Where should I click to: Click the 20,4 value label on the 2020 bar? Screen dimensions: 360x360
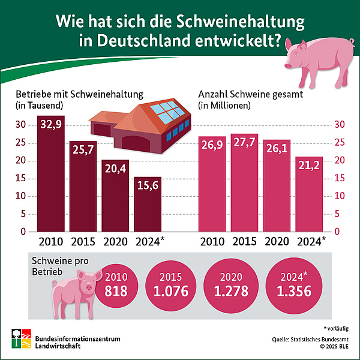[x=115, y=169]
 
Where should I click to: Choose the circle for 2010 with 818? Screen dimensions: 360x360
[x=116, y=286]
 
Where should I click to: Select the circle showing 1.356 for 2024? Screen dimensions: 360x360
[x=290, y=286]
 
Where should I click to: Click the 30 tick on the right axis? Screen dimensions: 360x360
[x=339, y=125]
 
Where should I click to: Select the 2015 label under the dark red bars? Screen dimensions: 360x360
[x=83, y=242]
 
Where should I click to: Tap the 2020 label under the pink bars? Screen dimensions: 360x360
[x=277, y=242]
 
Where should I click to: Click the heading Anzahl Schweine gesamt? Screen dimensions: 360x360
[x=250, y=94]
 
